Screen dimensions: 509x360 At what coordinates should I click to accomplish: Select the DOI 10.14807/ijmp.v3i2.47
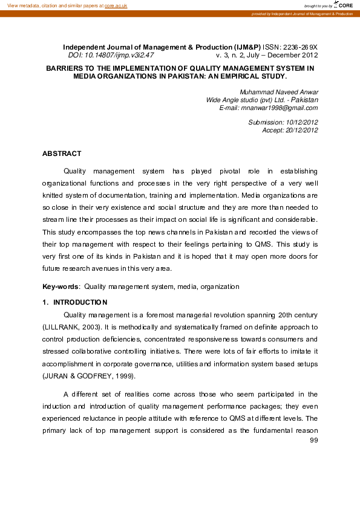111,54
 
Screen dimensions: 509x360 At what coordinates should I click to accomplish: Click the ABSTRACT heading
61,154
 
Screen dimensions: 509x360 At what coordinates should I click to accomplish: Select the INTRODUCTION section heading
80,302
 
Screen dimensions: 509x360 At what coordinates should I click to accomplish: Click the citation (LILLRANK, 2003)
67,326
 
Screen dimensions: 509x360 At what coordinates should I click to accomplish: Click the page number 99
313,440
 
